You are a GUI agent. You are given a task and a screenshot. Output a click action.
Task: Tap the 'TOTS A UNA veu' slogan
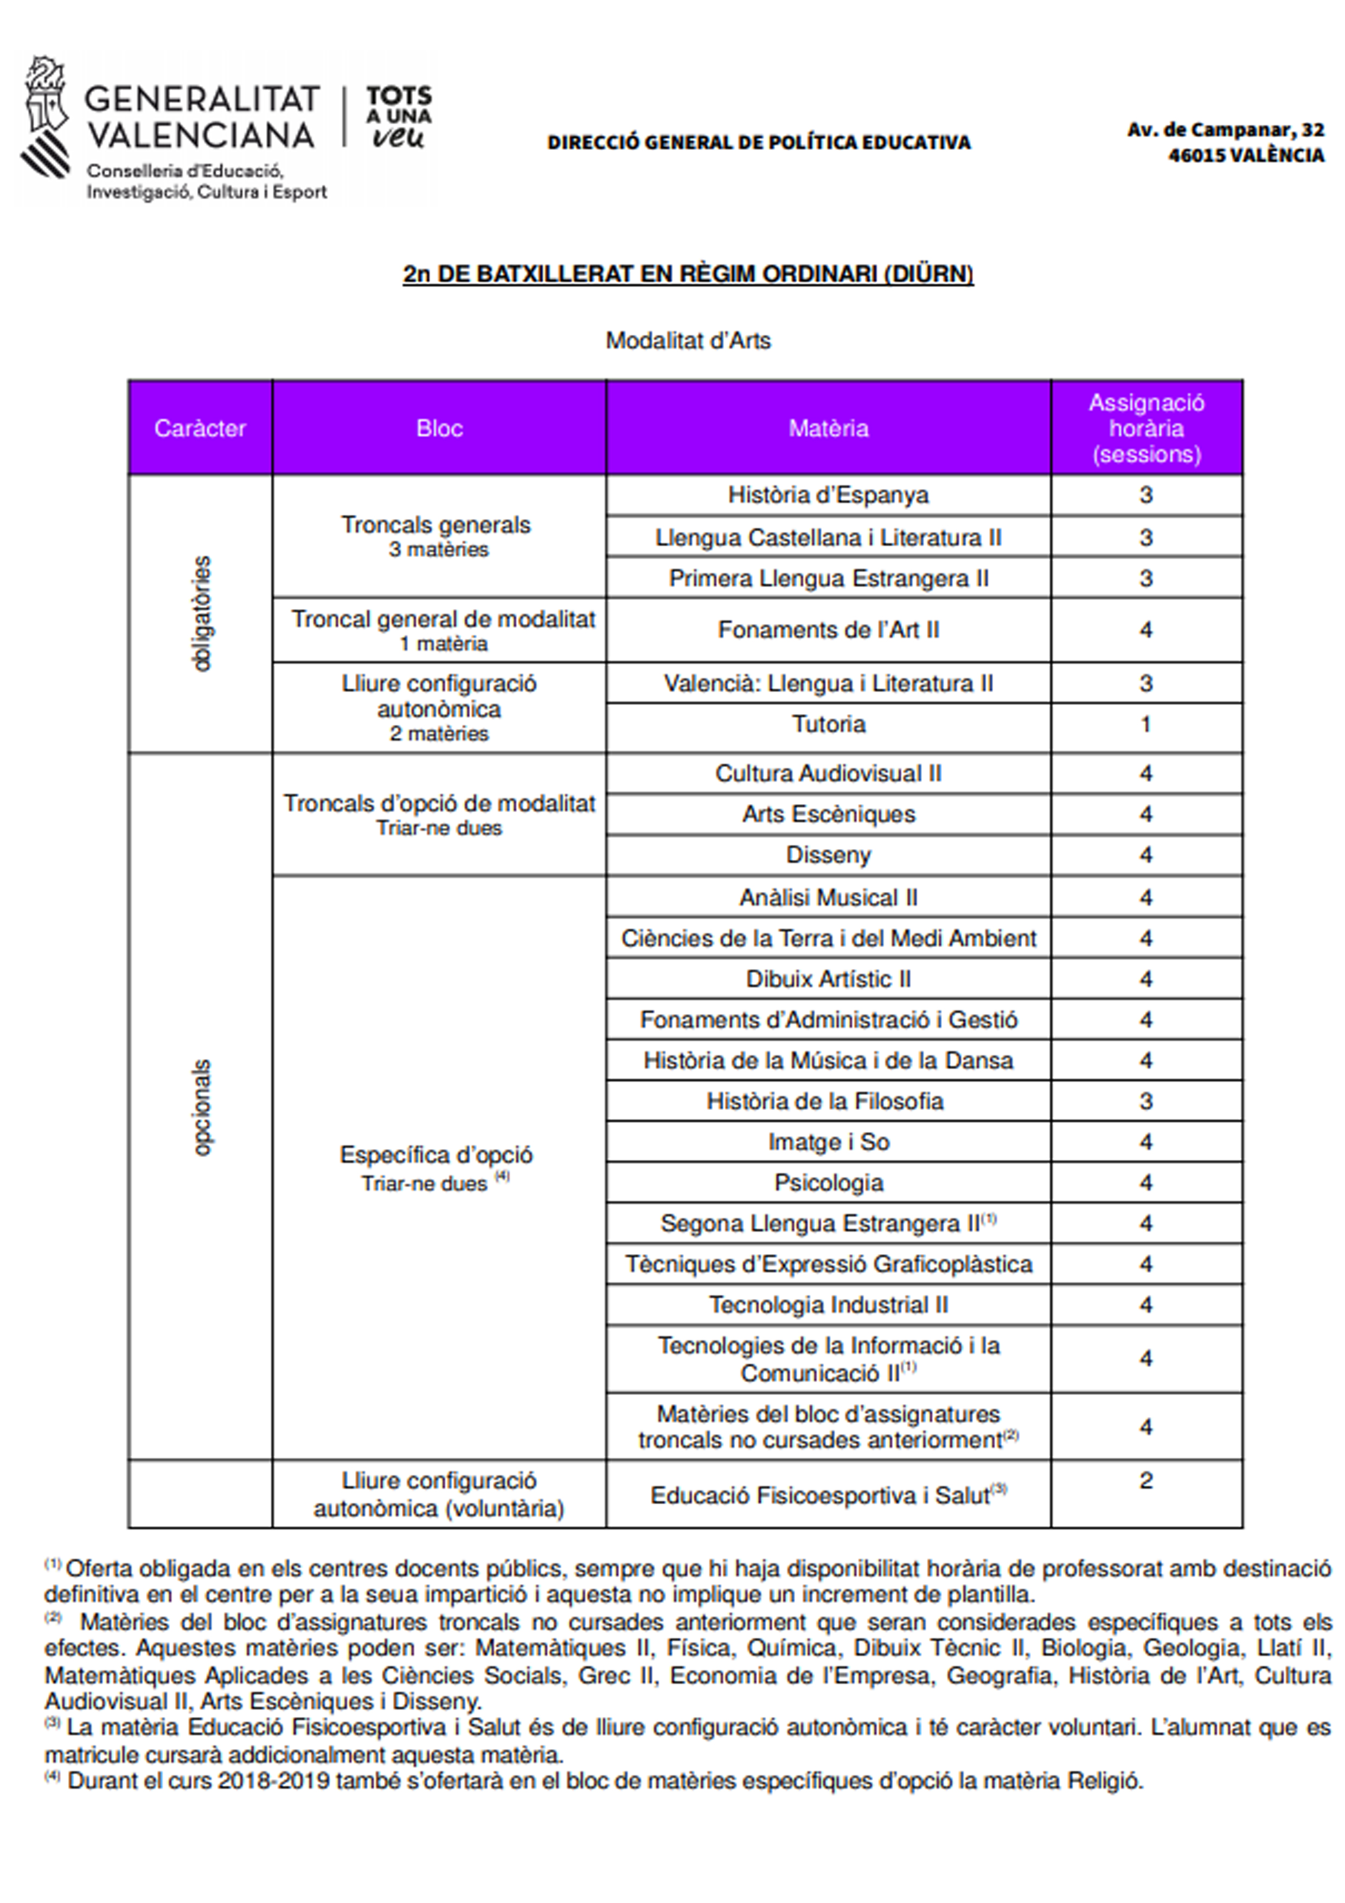tap(399, 117)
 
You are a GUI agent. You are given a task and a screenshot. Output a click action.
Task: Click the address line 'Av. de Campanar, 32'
tap(1225, 130)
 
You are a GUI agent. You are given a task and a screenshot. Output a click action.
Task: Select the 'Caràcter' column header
tap(200, 429)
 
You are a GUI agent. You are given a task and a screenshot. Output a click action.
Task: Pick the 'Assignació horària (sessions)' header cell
tap(1146, 429)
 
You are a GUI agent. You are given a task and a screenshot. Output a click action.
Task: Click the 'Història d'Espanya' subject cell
tap(828, 496)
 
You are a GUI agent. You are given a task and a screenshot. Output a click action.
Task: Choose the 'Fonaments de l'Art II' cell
tap(828, 630)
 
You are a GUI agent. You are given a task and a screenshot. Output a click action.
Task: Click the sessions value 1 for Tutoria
tap(1146, 724)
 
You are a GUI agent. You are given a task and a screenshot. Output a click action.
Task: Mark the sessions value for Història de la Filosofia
tap(1146, 1102)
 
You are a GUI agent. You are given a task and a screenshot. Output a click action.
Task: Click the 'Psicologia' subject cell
tap(828, 1183)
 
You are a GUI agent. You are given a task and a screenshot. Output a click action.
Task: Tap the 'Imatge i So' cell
tap(828, 1142)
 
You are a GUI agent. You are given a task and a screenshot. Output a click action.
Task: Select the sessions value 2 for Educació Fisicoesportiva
tap(1146, 1480)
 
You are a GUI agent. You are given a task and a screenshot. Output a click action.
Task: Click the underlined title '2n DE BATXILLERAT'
tap(688, 274)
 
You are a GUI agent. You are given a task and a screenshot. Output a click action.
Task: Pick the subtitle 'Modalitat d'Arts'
tap(688, 341)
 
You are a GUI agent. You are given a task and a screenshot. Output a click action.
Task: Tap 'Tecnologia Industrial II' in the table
tap(828, 1305)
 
